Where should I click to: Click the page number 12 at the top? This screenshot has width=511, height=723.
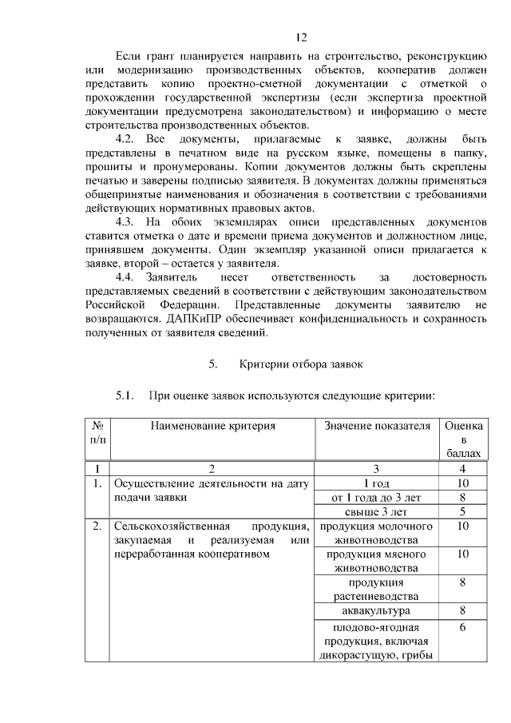(301, 37)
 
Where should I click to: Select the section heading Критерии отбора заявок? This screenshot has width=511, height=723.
(301, 364)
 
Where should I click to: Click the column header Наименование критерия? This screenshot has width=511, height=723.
(212, 427)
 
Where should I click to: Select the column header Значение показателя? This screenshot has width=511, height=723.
(377, 427)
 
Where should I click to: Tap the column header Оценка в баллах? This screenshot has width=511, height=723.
(462, 439)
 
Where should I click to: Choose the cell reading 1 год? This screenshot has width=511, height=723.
(377, 483)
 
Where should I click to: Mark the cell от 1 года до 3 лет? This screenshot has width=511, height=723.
(377, 497)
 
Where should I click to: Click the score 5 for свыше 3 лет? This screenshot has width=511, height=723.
(462, 511)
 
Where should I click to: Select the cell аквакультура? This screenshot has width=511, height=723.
(377, 611)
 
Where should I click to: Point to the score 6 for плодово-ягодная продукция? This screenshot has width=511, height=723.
(462, 628)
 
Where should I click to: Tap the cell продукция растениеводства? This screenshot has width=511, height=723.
(377, 590)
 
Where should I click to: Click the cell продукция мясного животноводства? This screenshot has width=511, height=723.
(377, 561)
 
